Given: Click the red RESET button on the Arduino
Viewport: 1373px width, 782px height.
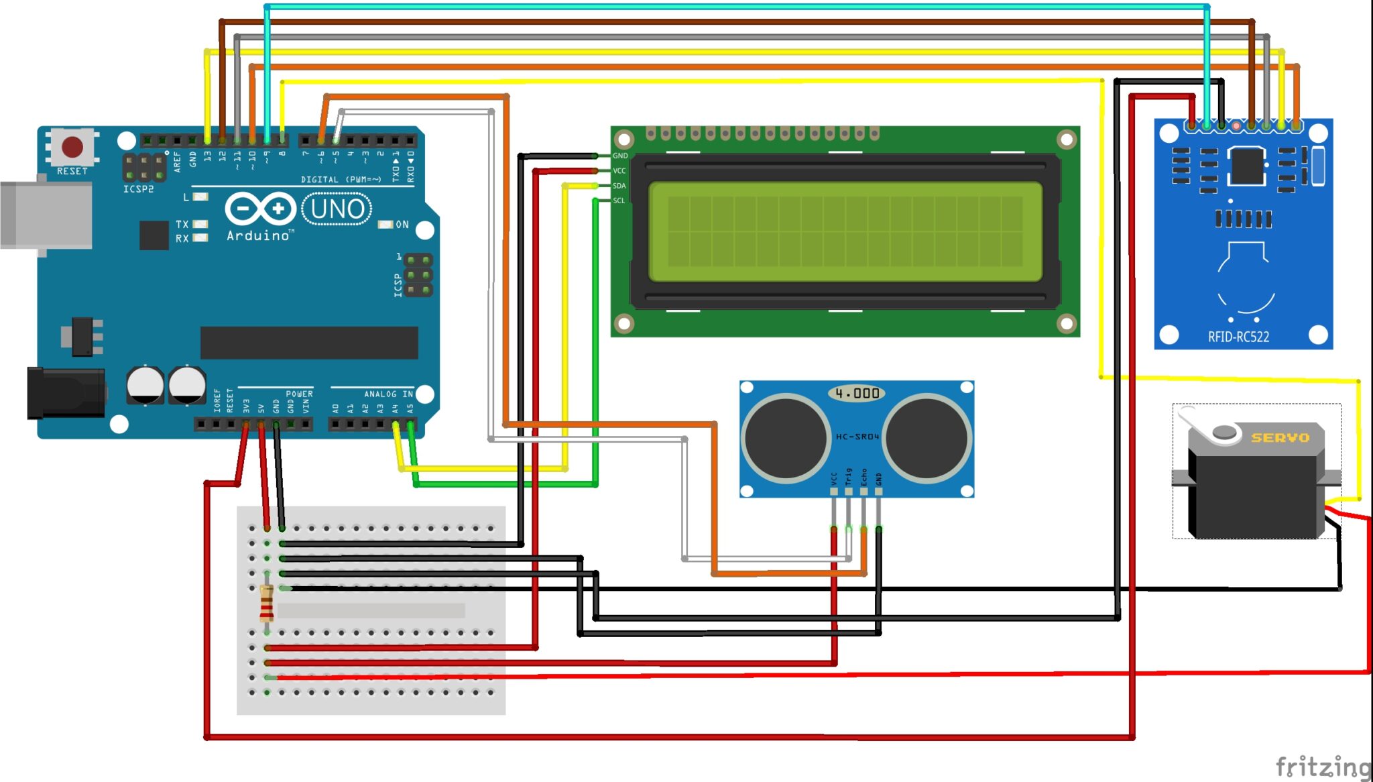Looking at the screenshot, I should coord(72,146).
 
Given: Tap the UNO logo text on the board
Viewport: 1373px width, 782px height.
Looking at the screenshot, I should coord(337,209).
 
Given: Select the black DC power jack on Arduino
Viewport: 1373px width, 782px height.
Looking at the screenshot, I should coord(65,392).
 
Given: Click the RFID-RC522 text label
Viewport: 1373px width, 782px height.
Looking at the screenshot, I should coord(1238,337).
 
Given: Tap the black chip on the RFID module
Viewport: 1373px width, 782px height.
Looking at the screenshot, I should coord(1247,165).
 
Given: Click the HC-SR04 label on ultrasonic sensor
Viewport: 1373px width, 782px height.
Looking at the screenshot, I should coord(857,437).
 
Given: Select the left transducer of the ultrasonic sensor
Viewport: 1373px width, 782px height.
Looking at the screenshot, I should coord(786,437).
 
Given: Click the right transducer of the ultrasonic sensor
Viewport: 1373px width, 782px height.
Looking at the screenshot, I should coord(927,437).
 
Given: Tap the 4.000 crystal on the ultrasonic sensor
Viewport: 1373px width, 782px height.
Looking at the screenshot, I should coord(857,394).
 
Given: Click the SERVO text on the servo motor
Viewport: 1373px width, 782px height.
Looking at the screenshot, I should coord(1280,438).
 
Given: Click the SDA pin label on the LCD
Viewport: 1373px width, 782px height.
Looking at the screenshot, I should coord(619,186).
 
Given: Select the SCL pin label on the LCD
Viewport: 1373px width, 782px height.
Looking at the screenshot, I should coord(619,201).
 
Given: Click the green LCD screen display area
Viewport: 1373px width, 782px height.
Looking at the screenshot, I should coord(845,231).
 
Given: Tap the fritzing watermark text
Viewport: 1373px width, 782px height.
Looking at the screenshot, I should coord(1323,766).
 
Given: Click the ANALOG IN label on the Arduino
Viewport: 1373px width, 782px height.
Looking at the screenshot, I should coord(388,394).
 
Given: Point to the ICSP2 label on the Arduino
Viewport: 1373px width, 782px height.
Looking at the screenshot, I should coord(138,189).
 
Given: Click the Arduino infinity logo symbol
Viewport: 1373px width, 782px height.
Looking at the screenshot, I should coord(260,209).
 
